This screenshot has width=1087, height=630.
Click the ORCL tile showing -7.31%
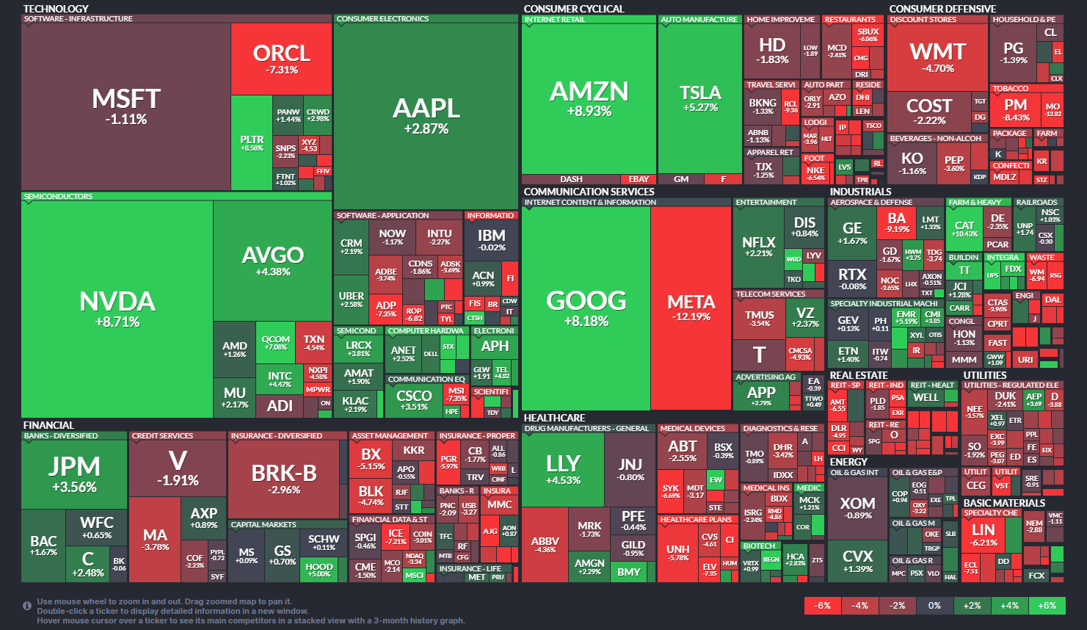coord(281,59)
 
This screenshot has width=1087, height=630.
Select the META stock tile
coord(691,308)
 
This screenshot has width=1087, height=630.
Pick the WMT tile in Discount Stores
coord(937,57)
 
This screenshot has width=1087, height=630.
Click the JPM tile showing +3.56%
coord(74,473)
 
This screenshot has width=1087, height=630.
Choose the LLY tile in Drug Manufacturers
coord(563,469)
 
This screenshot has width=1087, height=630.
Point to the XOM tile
coord(857,507)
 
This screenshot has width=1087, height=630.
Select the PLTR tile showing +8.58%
coord(252,142)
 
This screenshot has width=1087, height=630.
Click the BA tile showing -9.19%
coord(897,222)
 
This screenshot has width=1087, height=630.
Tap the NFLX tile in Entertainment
coord(758,246)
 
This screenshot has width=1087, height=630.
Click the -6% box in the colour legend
coord(823,606)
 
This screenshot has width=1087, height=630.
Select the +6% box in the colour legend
coord(1047,606)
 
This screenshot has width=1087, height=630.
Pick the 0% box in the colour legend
coord(934,606)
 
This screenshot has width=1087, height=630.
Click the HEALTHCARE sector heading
coord(555,418)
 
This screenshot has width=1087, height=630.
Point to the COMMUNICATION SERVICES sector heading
coord(589,192)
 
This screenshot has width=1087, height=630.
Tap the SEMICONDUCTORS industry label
coord(58,197)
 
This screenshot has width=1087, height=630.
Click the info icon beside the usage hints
coord(27,606)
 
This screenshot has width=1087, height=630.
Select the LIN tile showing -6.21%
coord(983,534)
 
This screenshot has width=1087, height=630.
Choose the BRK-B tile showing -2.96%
coord(284,479)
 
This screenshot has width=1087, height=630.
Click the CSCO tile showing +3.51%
coord(413,399)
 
